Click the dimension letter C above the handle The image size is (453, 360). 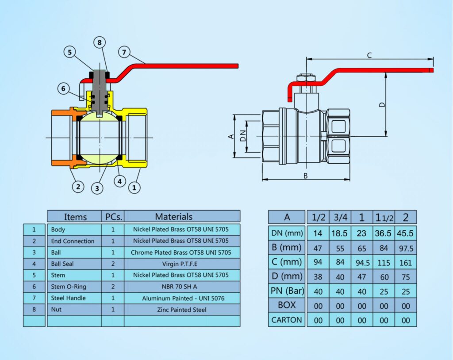point(369,55)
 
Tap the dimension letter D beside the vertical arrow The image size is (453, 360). point(382,104)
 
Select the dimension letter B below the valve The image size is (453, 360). point(305,176)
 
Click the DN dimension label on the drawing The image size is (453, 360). point(243,135)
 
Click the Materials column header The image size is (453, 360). point(173,216)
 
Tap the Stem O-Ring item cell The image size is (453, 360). point(69,287)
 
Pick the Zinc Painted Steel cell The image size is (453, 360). point(182,310)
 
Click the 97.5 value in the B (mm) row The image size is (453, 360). point(406,248)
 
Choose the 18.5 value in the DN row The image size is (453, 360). point(339,233)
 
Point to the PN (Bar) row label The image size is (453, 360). point(287,291)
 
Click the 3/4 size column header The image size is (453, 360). point(341,217)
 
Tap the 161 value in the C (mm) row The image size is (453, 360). point(406,263)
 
